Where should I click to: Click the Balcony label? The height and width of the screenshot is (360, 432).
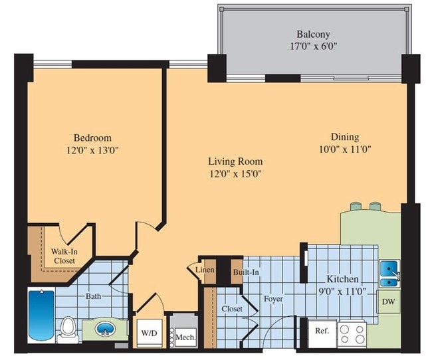pos(313,34)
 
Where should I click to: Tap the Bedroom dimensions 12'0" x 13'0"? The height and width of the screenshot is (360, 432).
pos(92,149)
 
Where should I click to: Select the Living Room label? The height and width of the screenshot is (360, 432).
pos(235,161)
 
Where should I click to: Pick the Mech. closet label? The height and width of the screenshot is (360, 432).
pos(185,337)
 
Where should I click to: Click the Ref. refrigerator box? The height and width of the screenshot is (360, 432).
pos(322,331)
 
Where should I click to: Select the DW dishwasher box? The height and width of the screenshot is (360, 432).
pos(389,302)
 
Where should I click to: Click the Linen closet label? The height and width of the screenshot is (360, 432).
pos(204,270)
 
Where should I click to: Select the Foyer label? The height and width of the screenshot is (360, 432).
pos(272,299)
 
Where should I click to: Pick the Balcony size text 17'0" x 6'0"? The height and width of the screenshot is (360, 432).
pos(313,47)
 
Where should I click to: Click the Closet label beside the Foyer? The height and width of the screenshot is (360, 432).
pos(231,309)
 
